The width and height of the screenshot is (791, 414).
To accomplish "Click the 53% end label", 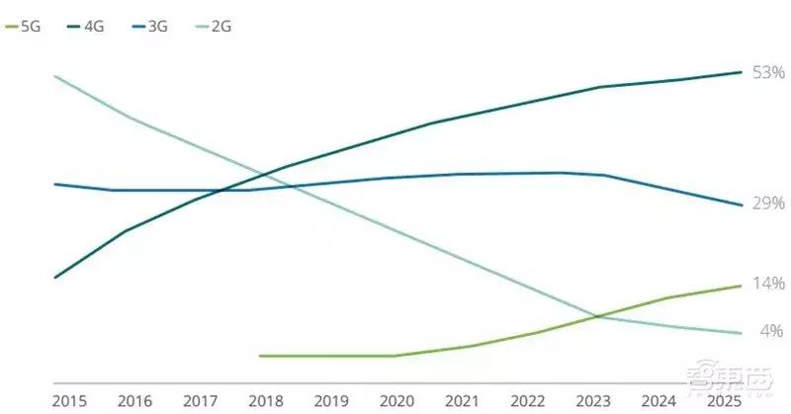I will [768, 73].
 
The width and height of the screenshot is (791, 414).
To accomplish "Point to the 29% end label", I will [768, 204].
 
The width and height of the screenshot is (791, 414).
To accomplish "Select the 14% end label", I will [768, 285].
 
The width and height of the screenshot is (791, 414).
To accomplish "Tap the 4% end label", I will [771, 331].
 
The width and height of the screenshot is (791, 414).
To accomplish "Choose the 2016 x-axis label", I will [134, 401].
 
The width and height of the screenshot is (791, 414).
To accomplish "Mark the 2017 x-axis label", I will [201, 401].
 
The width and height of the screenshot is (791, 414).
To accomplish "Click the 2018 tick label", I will [267, 401].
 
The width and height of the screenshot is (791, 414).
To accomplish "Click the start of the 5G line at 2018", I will [260, 356].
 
